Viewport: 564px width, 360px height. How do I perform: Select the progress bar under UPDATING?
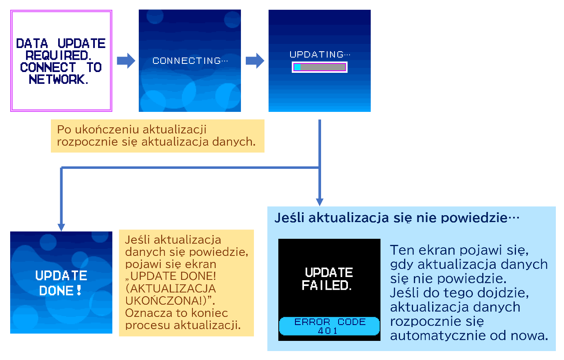point(319,67)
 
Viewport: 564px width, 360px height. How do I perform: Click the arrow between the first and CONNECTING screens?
point(126,61)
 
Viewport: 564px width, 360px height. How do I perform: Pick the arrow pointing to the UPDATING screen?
point(255,61)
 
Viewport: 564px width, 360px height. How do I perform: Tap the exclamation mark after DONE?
point(79,290)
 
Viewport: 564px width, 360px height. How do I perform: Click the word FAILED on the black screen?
point(326,286)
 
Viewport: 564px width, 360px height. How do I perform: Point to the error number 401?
point(328,331)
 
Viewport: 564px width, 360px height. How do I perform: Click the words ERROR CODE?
point(330,322)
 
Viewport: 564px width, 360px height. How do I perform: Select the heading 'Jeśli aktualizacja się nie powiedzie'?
point(397,218)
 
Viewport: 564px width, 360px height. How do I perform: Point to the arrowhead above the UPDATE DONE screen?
point(61,227)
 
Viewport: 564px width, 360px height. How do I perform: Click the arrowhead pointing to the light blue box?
point(319,202)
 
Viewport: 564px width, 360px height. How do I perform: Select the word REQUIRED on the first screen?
point(59,55)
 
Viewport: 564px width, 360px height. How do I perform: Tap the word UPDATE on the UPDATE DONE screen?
point(61,276)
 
